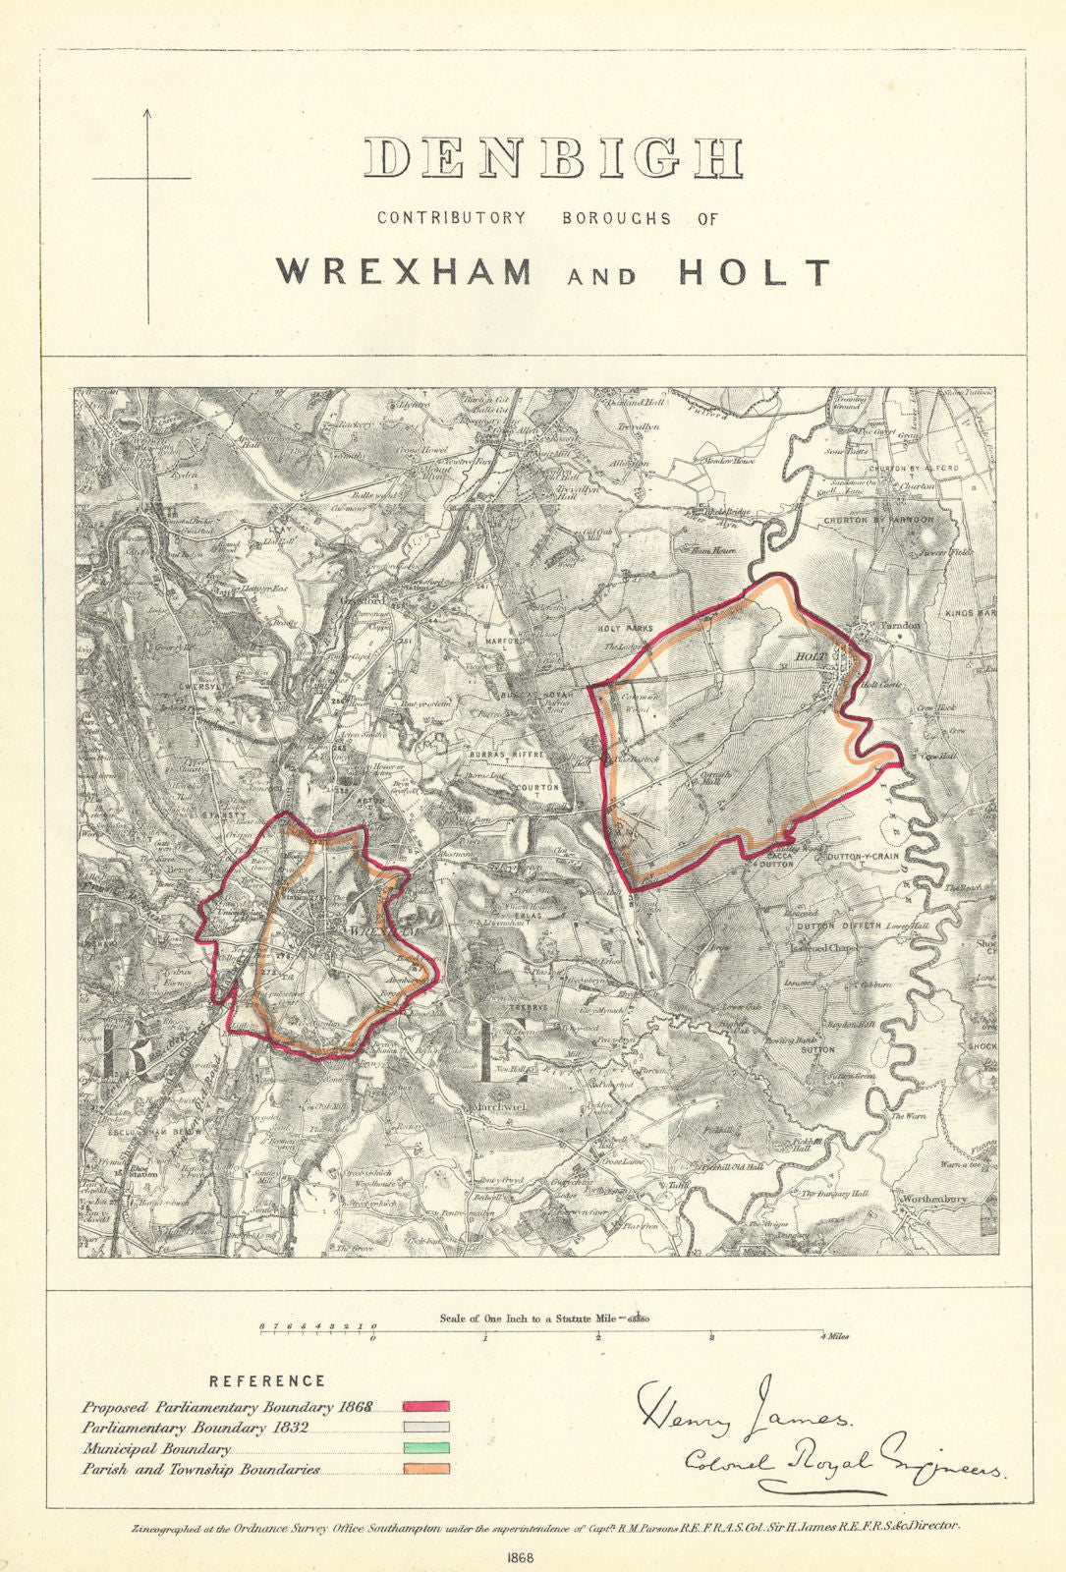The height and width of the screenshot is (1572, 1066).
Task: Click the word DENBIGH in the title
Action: tap(553, 158)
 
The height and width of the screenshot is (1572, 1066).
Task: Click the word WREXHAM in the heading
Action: tap(405, 271)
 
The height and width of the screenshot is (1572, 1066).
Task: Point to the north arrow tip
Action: tap(148, 111)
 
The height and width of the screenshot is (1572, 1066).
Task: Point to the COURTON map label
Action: tap(538, 788)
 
